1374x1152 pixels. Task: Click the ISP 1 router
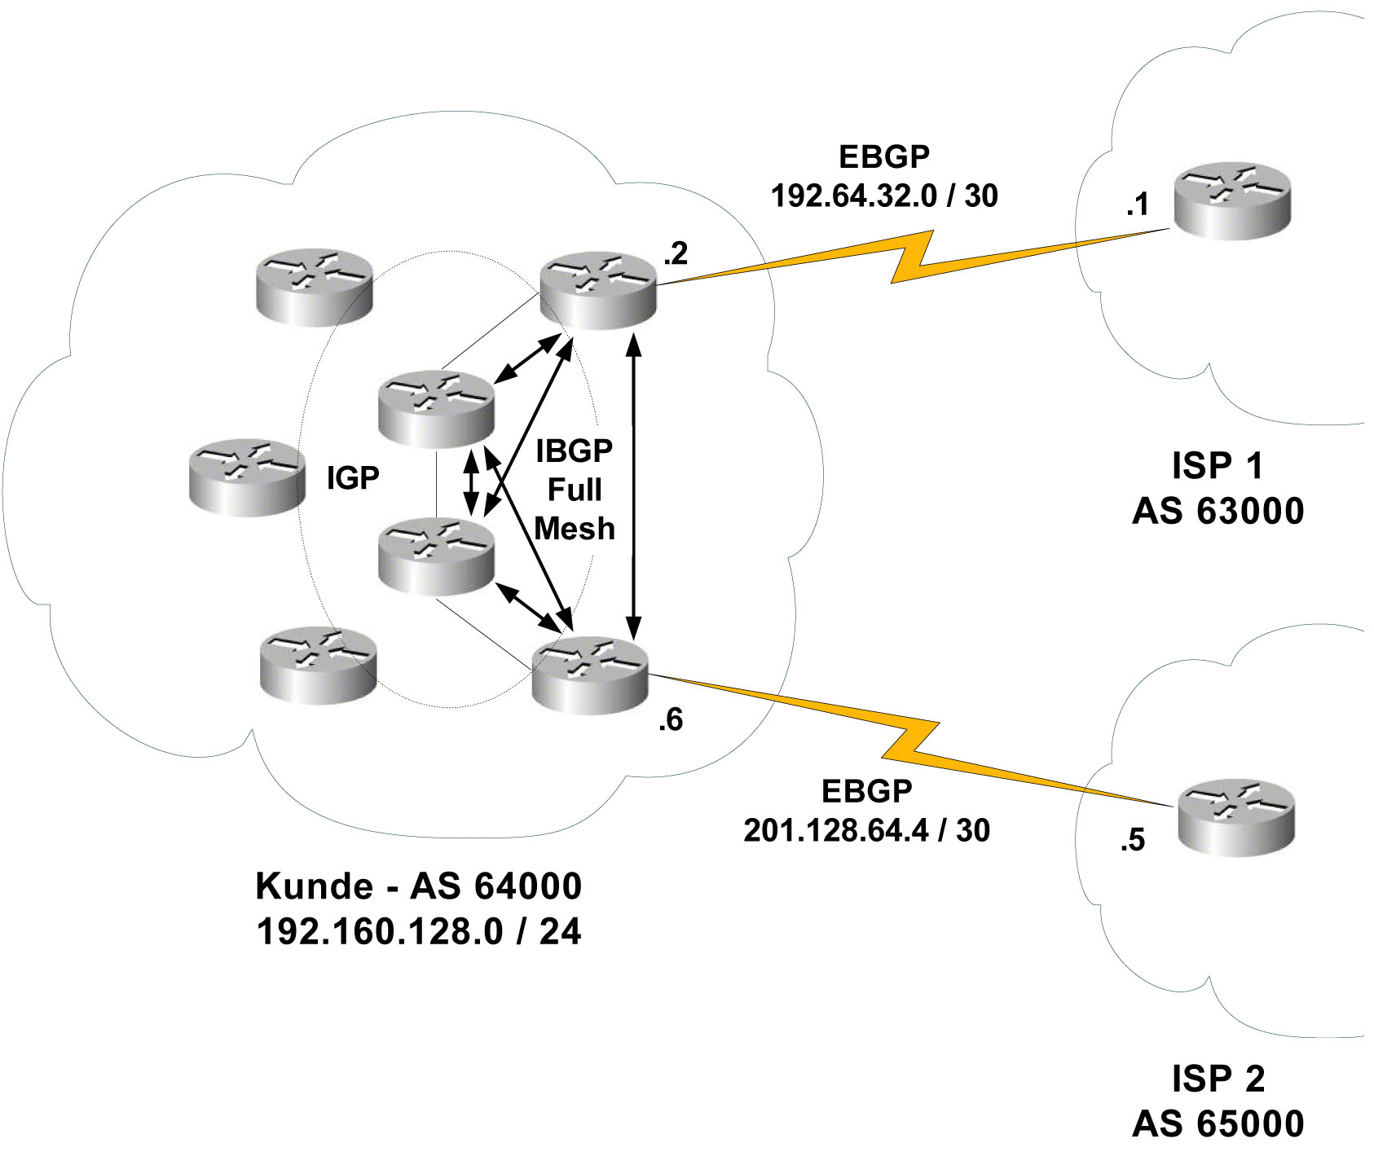tap(1231, 201)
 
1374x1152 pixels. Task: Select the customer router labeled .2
tap(599, 290)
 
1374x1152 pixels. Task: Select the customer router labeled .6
tap(589, 676)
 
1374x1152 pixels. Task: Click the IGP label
tap(353, 478)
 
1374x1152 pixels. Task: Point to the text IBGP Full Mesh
tap(575, 490)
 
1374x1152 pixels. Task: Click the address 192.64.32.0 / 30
tap(884, 196)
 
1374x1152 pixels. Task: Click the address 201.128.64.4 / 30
tap(866, 830)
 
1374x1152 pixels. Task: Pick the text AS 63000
tap(1218, 512)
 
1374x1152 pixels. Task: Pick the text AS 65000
tap(1218, 1124)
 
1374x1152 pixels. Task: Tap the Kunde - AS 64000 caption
tap(419, 886)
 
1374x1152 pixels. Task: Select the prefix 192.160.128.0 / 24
tap(419, 931)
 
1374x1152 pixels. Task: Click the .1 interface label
tap(1138, 204)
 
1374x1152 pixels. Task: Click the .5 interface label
tap(1133, 840)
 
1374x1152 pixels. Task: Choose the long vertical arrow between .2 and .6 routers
tap(633, 489)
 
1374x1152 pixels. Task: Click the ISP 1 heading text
tap(1218, 466)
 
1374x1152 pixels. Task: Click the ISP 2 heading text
tap(1218, 1079)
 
